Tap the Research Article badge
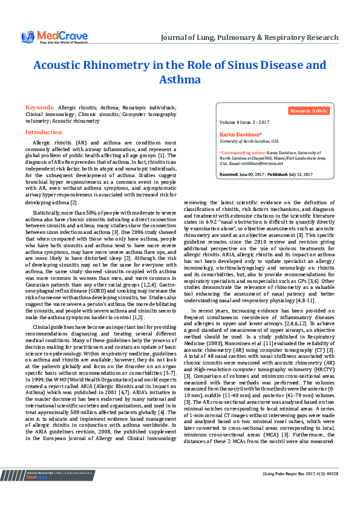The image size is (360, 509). pos(309,111)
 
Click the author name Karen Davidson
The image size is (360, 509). pos(240,134)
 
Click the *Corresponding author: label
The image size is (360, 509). pos(242,154)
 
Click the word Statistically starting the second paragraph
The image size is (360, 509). pos(45,196)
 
